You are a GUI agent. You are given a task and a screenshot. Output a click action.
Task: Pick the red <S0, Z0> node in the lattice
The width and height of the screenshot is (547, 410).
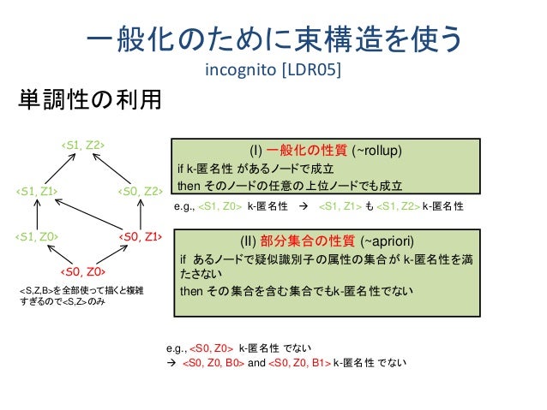tap(82, 272)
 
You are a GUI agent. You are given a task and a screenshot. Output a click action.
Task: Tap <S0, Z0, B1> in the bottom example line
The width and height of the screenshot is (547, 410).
tap(300, 363)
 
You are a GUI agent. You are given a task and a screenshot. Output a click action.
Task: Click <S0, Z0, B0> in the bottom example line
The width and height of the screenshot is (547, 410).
tap(213, 363)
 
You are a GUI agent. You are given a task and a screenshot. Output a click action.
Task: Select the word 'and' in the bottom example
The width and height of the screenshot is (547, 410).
tap(256, 363)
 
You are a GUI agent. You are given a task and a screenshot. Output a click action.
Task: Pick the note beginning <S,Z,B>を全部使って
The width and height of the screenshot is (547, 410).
tap(82, 298)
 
